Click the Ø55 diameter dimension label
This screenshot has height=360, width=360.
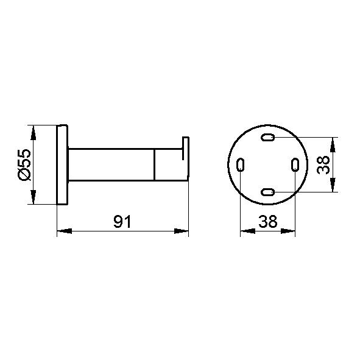click(24, 164)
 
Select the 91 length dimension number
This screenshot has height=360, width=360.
click(122, 222)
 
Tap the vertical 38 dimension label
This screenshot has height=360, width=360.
click(323, 165)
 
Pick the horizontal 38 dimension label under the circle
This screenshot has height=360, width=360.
click(268, 222)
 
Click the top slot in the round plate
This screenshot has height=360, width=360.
click(267, 137)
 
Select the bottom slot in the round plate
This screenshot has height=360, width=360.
click(267, 192)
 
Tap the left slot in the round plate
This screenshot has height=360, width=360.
click(241, 164)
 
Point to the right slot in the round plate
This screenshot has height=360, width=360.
click(295, 164)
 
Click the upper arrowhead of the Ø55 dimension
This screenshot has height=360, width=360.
click(34, 133)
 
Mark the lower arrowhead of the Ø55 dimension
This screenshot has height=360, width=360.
click(34, 197)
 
